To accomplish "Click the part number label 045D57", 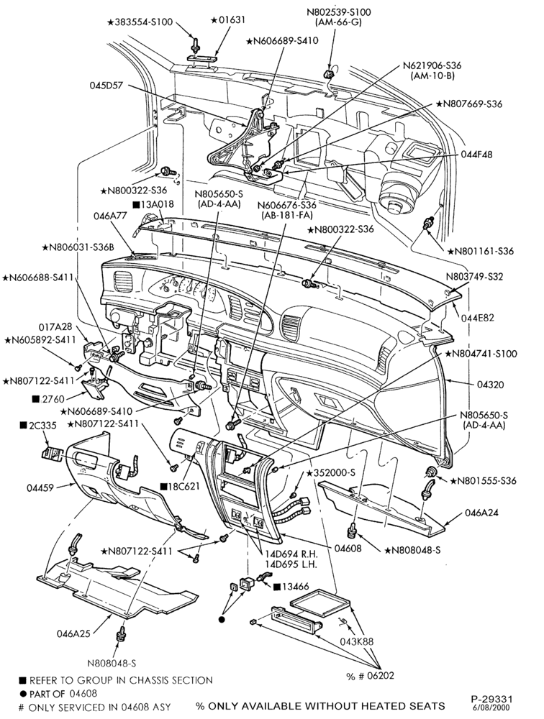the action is point(107,86).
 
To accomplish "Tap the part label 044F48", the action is point(477,155).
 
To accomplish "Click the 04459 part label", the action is point(40,488).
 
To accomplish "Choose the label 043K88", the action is point(357,641).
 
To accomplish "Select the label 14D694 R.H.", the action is point(291,553).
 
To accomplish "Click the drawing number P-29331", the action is point(491,699).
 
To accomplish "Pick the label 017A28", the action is point(55,326).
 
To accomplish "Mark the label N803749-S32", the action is point(474,277).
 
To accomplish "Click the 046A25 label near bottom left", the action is point(73,633).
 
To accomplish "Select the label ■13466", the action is point(291,587).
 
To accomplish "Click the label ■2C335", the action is point(38,425).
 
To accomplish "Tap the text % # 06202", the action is point(370,675).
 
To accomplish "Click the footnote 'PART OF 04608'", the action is point(58,693).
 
